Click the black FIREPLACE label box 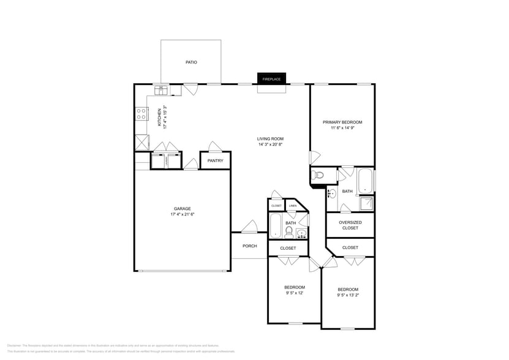click(x=271, y=79)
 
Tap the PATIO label click(x=191, y=62)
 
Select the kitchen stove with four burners click(x=141, y=113)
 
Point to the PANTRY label click(x=215, y=161)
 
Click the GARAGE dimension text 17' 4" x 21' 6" click(x=182, y=214)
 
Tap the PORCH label click(x=249, y=246)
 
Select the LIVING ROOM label click(x=270, y=139)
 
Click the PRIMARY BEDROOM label click(x=342, y=122)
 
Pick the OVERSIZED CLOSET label click(x=350, y=225)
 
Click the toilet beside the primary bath click(x=319, y=176)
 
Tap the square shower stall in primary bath click(x=366, y=204)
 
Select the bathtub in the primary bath click(x=366, y=181)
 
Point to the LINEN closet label click(x=293, y=206)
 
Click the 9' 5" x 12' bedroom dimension click(x=294, y=293)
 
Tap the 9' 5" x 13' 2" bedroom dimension click(x=347, y=295)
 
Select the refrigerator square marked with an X click(x=142, y=143)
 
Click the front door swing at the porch click(x=249, y=227)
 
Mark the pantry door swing click(x=214, y=147)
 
